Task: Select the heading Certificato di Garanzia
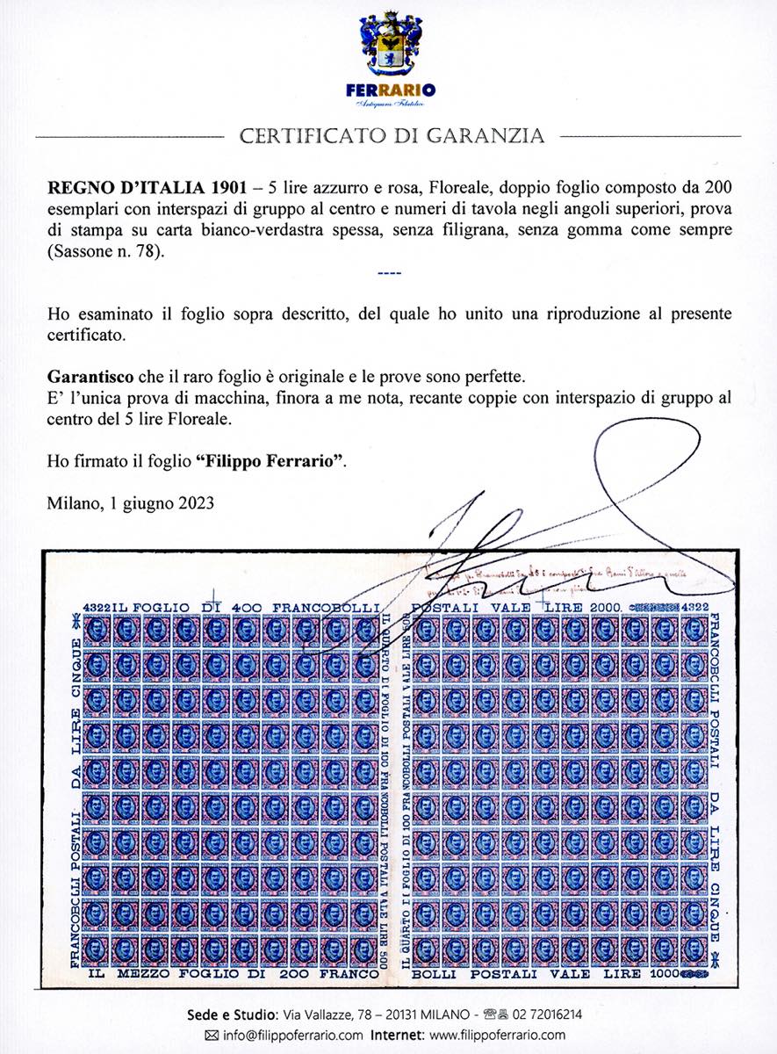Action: (x=392, y=136)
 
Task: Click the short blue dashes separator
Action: (x=387, y=272)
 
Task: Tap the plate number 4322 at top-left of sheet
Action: (x=97, y=608)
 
